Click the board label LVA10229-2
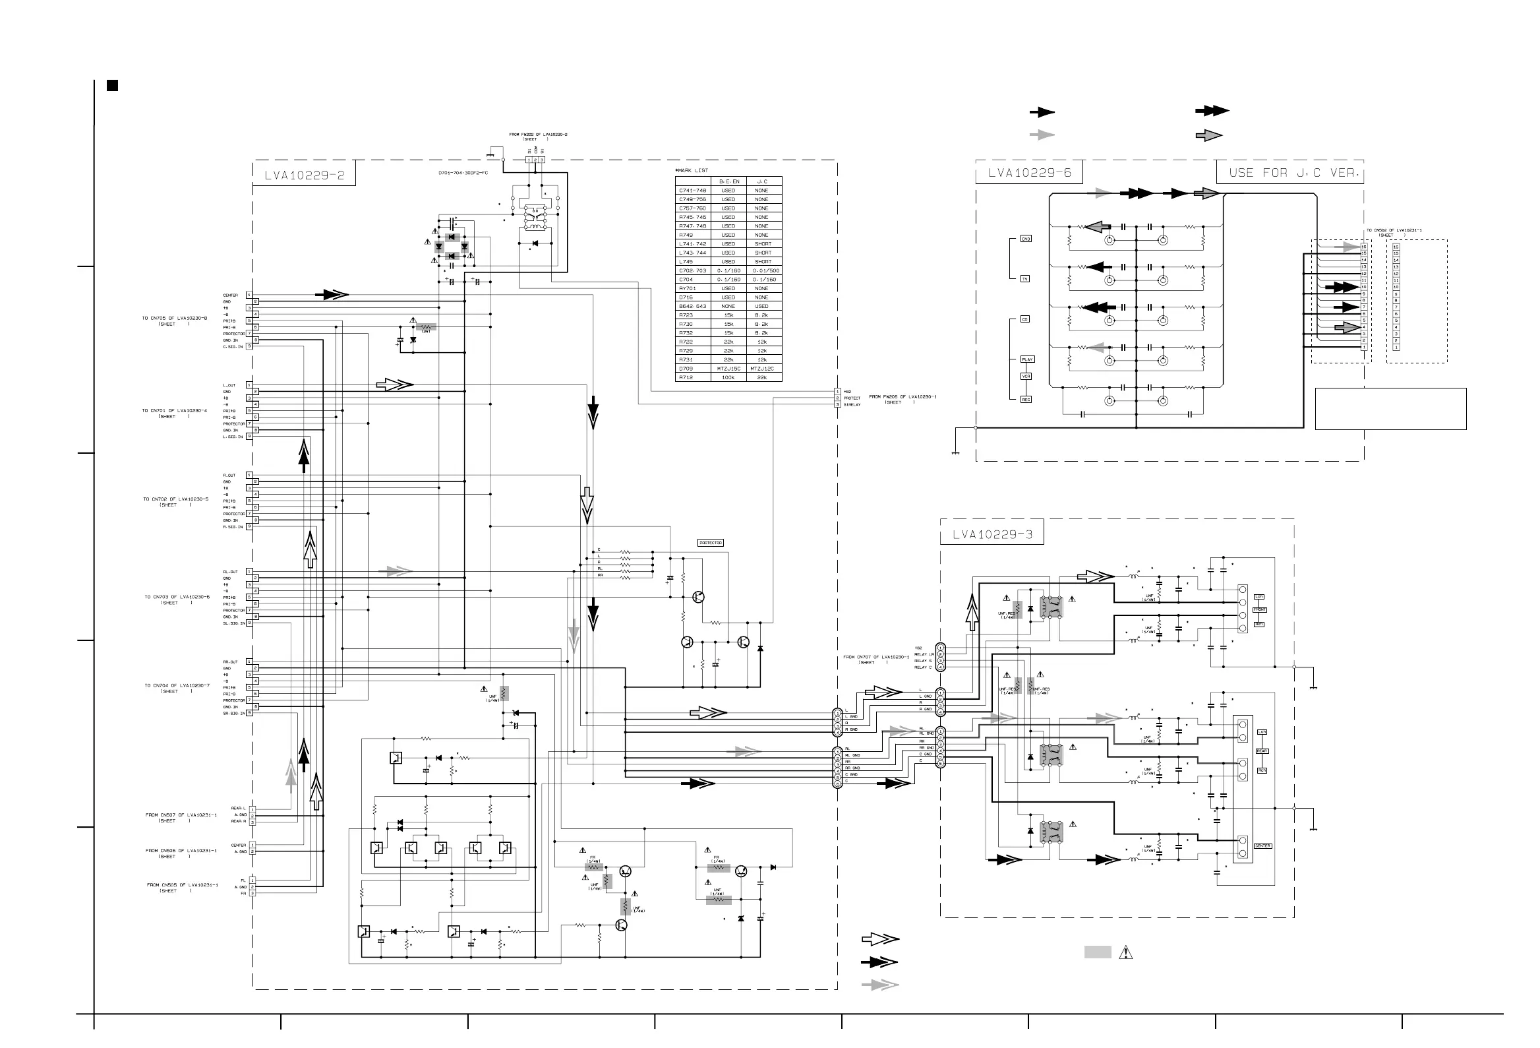click(304, 175)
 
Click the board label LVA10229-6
click(1029, 173)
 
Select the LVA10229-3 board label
click(992, 535)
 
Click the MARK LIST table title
click(692, 170)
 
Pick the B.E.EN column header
click(729, 181)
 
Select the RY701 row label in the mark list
click(686, 288)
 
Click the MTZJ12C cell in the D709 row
click(762, 369)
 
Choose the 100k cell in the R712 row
click(728, 378)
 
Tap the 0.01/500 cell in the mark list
click(765, 270)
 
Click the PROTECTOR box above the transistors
click(711, 543)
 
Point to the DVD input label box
click(1026, 239)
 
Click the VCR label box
click(1026, 377)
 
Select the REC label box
click(1026, 400)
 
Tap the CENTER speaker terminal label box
click(1262, 846)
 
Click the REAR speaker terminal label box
click(1262, 751)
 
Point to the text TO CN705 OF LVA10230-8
click(174, 318)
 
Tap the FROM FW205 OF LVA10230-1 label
click(903, 396)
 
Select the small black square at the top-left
click(113, 86)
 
